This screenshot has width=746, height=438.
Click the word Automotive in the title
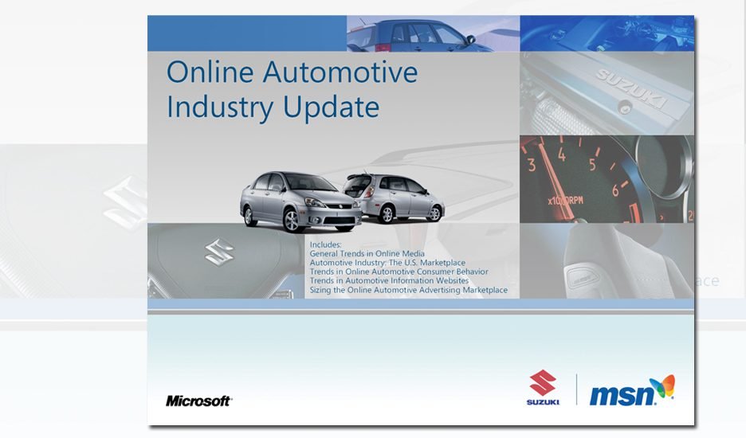340,72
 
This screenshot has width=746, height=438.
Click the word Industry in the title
219,108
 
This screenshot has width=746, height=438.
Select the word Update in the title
331,108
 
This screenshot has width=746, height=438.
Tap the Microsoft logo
199,401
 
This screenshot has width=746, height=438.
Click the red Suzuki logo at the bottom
543,388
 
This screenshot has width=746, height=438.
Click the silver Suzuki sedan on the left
300,201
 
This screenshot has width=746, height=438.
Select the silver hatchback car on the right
394,197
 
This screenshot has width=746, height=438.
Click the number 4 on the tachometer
562,154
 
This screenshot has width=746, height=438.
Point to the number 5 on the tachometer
592,165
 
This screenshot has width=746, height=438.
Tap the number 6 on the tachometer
615,190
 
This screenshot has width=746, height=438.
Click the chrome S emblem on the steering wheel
219,252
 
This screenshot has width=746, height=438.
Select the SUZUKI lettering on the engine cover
631,88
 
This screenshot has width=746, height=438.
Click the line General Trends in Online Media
367,253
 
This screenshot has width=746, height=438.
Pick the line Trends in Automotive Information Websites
389,280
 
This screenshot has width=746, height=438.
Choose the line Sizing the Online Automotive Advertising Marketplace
409,290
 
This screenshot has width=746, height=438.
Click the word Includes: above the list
325,244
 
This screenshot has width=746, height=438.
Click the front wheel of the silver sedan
291,220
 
